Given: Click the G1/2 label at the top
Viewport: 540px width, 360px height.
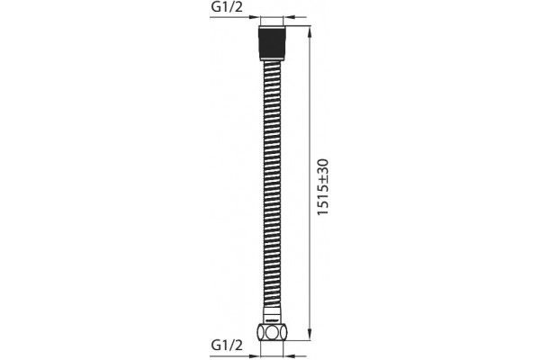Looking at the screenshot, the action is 227,7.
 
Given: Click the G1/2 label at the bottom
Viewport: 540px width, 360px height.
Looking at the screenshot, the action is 227,345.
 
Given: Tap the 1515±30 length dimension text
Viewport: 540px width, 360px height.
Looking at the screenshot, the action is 323,187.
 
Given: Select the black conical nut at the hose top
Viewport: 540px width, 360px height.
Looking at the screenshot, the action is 272,43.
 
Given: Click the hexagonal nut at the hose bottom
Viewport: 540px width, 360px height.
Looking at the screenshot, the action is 272,332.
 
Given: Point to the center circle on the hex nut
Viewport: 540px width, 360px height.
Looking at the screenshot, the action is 272,332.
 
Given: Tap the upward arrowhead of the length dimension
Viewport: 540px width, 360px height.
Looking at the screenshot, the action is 310,31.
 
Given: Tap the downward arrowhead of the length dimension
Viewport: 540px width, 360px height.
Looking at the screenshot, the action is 310,335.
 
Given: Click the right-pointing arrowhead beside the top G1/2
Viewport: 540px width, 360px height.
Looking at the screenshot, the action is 255,16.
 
